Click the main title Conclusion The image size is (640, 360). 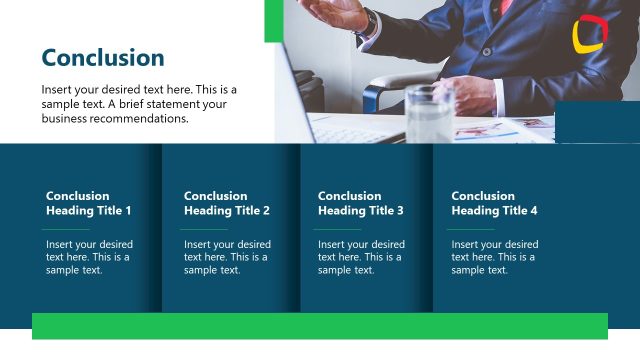(103, 58)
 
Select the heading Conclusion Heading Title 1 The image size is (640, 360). (88, 203)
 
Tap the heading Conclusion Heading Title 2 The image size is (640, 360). (227, 203)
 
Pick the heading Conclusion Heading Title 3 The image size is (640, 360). (360, 203)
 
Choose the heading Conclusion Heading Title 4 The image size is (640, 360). (494, 203)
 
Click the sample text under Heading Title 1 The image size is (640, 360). (89, 257)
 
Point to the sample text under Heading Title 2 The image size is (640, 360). (227, 257)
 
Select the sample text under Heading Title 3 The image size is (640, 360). (361, 257)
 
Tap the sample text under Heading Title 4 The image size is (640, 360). (494, 257)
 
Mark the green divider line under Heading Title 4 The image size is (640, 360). (470, 229)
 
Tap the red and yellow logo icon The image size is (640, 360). (589, 34)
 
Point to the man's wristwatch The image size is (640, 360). (371, 22)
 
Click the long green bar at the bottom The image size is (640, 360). (320, 326)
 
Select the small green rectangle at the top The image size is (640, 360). (270, 21)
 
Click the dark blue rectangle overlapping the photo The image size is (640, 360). (596, 122)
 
